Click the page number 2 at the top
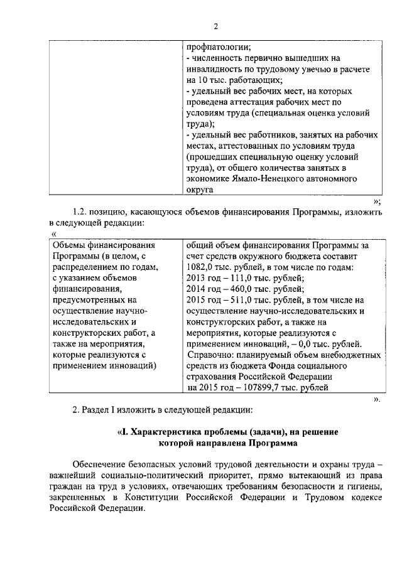[215, 26]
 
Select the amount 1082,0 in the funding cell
[200, 267]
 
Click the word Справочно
[211, 355]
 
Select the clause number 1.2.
[80, 213]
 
